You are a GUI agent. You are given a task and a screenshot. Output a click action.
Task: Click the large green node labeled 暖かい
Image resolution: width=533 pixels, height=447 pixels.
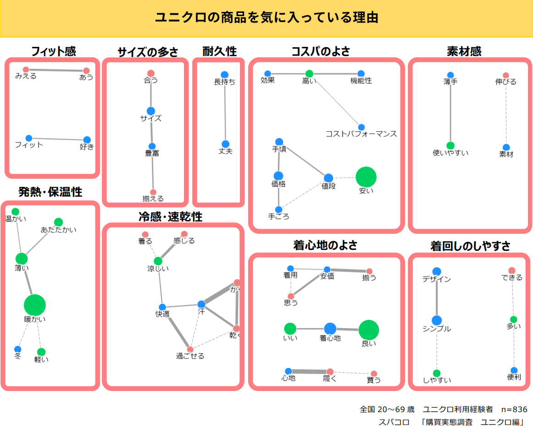(35, 305)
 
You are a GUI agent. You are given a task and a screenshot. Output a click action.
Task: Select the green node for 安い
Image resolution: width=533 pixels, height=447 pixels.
(366, 177)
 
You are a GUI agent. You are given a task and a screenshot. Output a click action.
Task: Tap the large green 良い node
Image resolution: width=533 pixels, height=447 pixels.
(369, 330)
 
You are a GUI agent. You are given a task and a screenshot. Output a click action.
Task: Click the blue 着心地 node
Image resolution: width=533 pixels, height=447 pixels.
(330, 329)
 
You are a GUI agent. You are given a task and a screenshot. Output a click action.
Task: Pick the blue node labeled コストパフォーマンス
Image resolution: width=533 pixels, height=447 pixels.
(361, 127)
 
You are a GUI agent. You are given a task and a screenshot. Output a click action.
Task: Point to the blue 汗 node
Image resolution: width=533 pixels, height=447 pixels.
(201, 304)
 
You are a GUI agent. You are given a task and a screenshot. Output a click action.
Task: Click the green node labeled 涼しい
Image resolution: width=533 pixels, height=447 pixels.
(158, 261)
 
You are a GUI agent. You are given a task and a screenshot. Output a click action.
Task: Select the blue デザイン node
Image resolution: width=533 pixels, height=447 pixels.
(437, 272)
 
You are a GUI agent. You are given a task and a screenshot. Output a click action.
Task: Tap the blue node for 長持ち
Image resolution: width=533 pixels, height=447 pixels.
(224, 75)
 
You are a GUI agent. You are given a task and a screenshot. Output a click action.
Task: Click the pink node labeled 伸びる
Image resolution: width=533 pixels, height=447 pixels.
(506, 75)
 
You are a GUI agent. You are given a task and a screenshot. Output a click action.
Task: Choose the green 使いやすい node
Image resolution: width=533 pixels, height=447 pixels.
(450, 146)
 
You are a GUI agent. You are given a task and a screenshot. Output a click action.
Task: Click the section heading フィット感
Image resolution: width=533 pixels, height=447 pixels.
(53, 51)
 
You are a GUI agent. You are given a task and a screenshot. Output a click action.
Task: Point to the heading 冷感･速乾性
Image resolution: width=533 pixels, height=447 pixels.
(171, 217)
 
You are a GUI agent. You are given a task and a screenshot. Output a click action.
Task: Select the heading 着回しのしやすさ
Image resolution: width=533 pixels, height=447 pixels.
(470, 246)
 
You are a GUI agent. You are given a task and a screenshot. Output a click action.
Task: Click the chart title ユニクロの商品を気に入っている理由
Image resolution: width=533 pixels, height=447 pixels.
(266, 18)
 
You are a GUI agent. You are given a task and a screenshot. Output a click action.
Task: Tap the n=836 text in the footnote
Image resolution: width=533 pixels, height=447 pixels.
(514, 409)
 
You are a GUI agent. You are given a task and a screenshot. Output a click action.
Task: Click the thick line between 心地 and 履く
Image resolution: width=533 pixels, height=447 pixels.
(309, 371)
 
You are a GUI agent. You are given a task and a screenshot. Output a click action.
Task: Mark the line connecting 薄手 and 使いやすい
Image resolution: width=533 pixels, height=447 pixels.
(450, 110)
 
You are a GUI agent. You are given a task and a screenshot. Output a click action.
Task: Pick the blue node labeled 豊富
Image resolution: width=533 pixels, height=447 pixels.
(152, 147)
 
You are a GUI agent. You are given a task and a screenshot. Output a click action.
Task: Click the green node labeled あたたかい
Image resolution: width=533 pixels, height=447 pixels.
(58, 222)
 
